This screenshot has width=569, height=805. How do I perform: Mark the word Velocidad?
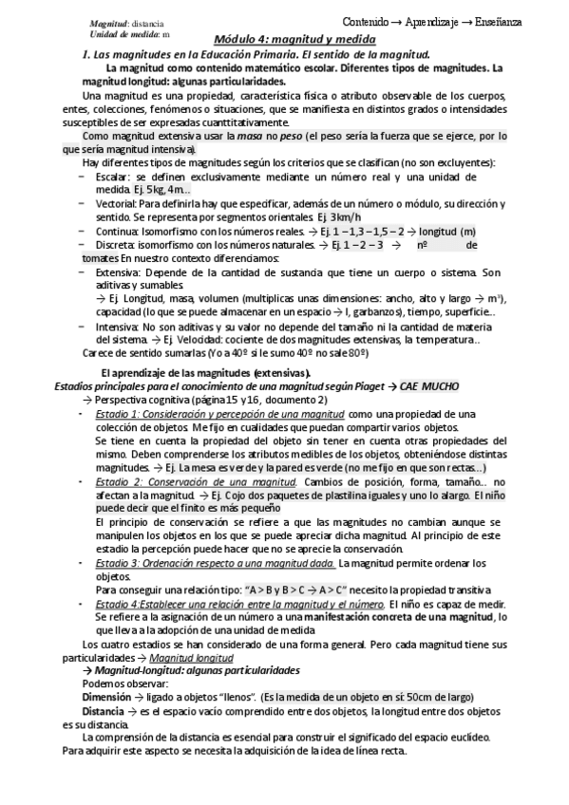[207, 339]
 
